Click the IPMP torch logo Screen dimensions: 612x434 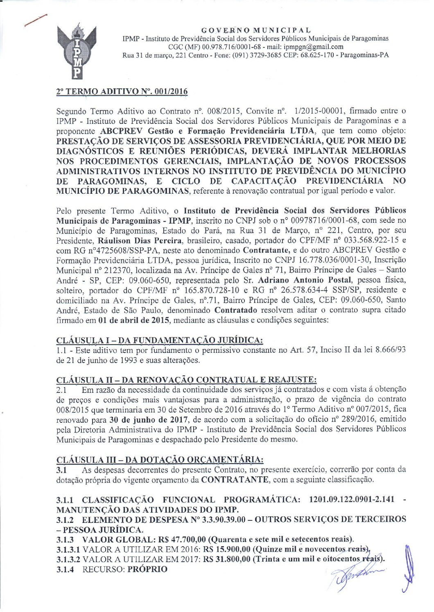(x=77, y=51)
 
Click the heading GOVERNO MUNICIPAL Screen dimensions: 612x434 (x=256, y=30)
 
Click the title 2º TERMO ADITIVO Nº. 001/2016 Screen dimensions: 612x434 (x=122, y=92)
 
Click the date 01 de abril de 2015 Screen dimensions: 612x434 (x=134, y=320)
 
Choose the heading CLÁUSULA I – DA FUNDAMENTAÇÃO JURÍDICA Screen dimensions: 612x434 (x=159, y=340)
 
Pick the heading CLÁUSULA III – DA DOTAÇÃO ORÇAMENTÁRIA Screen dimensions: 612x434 (x=160, y=460)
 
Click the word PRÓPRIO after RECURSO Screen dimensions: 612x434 (x=147, y=569)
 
